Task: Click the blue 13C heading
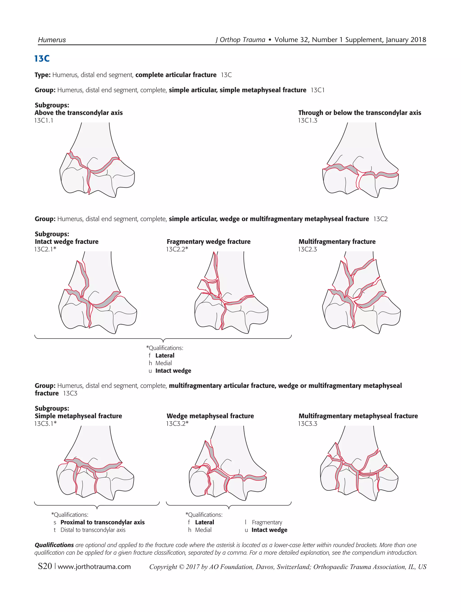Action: tap(42, 59)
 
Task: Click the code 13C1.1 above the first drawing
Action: tap(44, 120)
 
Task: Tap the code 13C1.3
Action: tap(307, 120)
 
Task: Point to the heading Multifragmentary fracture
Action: tap(337, 241)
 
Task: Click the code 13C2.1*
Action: tap(45, 249)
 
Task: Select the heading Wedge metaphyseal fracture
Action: tap(210, 416)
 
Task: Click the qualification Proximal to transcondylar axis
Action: tap(102, 522)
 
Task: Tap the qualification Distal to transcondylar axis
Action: tap(93, 530)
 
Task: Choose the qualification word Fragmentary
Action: tap(267, 522)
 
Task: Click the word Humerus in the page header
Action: tap(52, 40)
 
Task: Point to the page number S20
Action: tap(45, 566)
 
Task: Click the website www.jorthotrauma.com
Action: tap(94, 567)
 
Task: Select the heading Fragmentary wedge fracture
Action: tap(208, 241)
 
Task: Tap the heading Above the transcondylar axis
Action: tap(79, 112)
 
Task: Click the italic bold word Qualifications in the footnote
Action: tap(54, 545)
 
